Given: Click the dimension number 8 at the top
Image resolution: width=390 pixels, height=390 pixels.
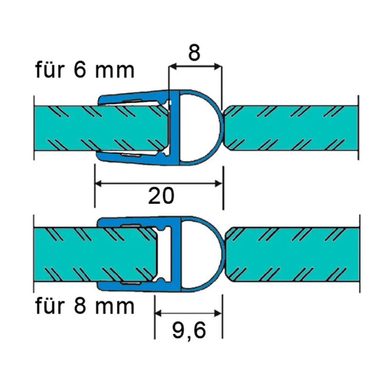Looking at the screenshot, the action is [x=194, y=53].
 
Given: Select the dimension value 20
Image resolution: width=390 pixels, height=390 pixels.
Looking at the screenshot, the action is [x=161, y=196].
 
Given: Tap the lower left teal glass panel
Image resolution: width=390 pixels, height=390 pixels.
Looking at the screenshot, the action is [x=66, y=253].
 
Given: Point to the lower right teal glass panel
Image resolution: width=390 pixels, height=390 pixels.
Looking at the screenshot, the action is [x=292, y=253].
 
